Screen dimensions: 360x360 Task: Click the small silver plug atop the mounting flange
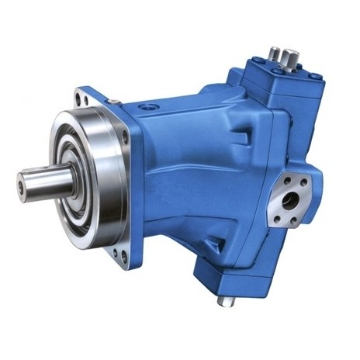click(x=113, y=102)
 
